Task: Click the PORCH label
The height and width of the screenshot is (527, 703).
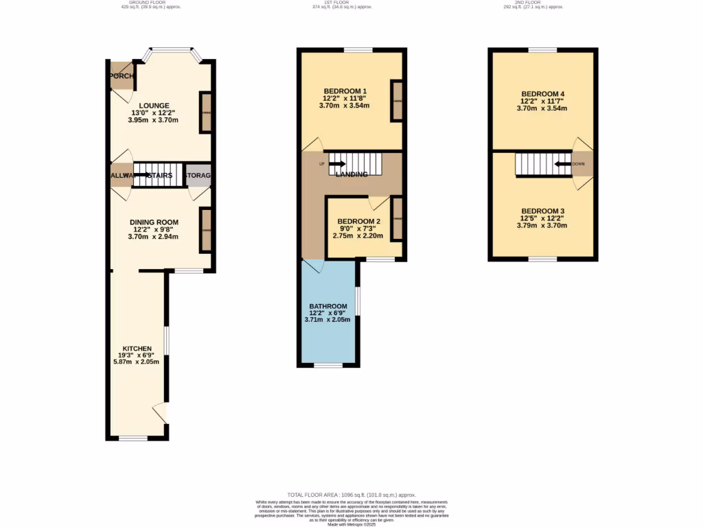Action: pos(121,76)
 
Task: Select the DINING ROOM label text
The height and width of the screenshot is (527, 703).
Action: pos(154,222)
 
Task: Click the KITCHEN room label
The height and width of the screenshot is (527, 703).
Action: pos(137,349)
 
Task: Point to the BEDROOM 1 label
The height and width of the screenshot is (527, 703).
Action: pos(345,91)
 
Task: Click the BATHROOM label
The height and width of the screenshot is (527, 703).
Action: pos(327,306)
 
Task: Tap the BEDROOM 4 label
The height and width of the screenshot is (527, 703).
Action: pos(542,94)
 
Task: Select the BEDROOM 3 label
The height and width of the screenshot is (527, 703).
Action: pos(542,211)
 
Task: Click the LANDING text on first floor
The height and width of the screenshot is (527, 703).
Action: pos(351,174)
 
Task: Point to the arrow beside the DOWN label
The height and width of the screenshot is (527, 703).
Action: pos(562,165)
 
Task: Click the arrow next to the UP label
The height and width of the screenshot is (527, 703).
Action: pos(337,164)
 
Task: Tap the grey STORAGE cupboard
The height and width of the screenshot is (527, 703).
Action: pos(198,176)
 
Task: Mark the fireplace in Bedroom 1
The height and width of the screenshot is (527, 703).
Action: pos(397,101)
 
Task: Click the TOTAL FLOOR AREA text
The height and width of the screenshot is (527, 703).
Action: pos(351,495)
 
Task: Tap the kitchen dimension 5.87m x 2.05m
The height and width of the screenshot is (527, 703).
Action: pos(141,362)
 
